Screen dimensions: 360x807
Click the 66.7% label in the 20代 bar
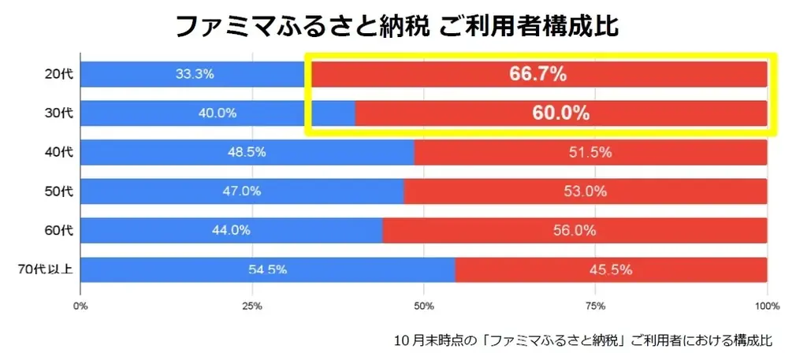pyautogui.click(x=538, y=74)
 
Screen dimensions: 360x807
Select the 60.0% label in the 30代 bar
pyautogui.click(x=560, y=113)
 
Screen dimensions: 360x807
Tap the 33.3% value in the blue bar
pyautogui.click(x=195, y=74)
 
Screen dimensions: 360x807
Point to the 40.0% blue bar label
pyautogui.click(x=218, y=113)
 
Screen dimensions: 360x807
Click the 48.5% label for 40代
pyautogui.click(x=247, y=152)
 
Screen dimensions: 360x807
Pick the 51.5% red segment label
pyautogui.click(x=590, y=152)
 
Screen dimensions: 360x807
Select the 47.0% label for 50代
pyautogui.click(x=242, y=191)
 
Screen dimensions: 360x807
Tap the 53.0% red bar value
pyautogui.click(x=585, y=191)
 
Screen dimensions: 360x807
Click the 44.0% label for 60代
pyautogui.click(x=231, y=230)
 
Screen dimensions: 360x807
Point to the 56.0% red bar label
pyautogui.click(x=575, y=230)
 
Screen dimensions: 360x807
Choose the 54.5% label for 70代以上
pyautogui.click(x=267, y=269)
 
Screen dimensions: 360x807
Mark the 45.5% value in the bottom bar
pyautogui.click(x=611, y=269)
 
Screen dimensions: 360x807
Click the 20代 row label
pyautogui.click(x=58, y=74)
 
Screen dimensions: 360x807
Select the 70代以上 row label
pyautogui.click(x=46, y=269)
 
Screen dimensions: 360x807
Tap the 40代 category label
pyautogui.click(x=58, y=152)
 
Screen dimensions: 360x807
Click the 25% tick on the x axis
pyautogui.click(x=251, y=306)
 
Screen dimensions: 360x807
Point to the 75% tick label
pyautogui.click(x=596, y=306)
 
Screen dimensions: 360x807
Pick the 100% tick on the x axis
pyautogui.click(x=767, y=306)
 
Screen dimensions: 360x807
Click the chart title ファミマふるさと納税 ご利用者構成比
pyautogui.click(x=396, y=25)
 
